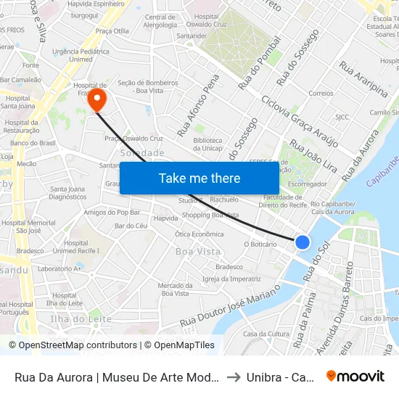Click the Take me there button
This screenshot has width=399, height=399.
click(x=199, y=178)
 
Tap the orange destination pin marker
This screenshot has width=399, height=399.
click(x=96, y=100)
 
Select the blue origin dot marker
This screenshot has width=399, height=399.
click(x=303, y=242)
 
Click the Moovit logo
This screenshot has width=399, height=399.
click(x=355, y=376)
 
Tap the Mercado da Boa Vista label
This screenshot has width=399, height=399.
click(x=175, y=289)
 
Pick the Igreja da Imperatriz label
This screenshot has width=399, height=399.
click(x=231, y=279)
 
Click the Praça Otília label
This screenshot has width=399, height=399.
click(x=112, y=31)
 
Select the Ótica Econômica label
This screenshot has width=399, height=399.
click(x=199, y=234)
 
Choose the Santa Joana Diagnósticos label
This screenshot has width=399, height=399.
click(x=68, y=193)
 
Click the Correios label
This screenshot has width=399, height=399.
click(x=321, y=94)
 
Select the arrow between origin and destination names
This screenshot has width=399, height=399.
click(x=233, y=377)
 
